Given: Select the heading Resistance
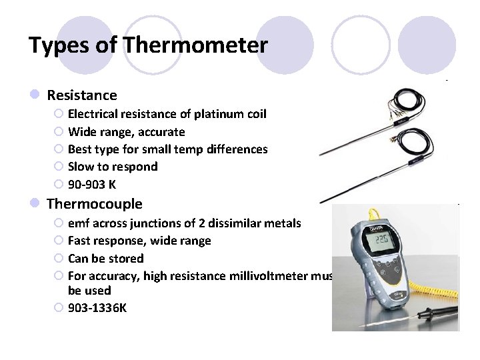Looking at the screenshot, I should point(82,95).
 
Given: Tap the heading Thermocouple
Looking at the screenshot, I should point(95,203).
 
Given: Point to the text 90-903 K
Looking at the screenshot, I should point(92,184).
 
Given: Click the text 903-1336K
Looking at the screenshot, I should point(97,308).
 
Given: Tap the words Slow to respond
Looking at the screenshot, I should point(113,167).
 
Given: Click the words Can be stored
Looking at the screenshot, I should point(106,259).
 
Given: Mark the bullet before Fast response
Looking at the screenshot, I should point(59,241).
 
